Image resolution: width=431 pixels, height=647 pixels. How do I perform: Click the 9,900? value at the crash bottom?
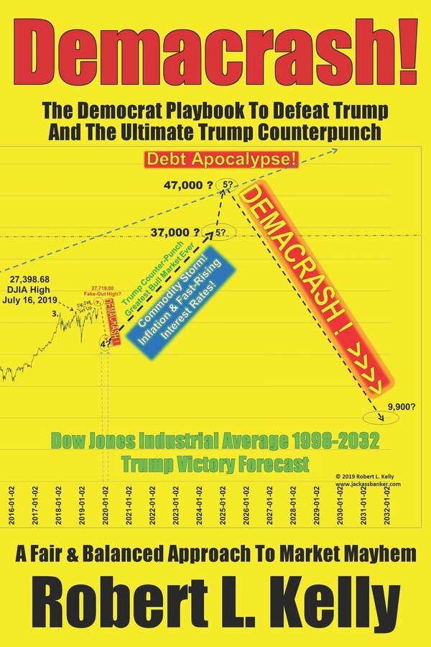point(399,406)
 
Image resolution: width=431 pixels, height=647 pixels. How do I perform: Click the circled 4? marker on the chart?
point(105,344)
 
